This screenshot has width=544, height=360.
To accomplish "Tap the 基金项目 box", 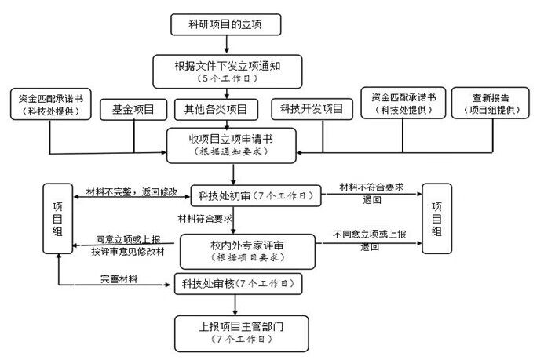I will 133,109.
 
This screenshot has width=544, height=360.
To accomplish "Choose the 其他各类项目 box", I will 215,109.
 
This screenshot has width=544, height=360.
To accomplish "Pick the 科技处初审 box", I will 256,194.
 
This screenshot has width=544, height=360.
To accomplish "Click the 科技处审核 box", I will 235,282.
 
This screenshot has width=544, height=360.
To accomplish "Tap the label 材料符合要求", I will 206,218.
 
